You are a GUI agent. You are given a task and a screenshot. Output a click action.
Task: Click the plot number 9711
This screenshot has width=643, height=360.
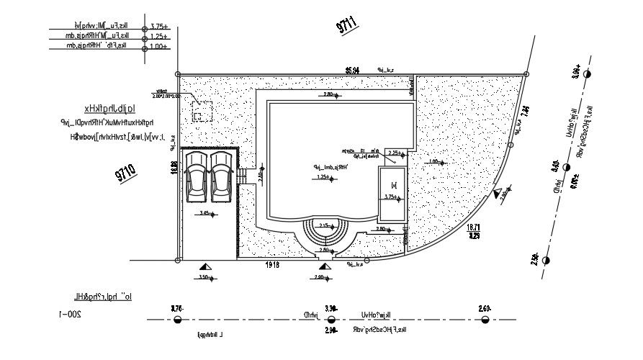coord(348,25)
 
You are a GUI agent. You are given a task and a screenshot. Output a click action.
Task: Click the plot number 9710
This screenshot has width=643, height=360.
coord(125,173)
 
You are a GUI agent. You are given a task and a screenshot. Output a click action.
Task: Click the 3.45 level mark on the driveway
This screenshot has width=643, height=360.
coord(205,214)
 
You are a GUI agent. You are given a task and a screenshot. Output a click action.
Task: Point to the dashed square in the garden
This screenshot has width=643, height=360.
coord(202,112)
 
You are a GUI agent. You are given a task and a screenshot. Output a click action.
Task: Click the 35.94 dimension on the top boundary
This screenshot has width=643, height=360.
coord(352,70)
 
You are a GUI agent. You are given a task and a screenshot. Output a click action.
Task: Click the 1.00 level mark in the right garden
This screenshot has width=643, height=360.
coord(433,162)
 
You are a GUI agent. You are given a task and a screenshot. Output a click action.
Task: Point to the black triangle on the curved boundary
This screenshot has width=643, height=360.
coord(498,192)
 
